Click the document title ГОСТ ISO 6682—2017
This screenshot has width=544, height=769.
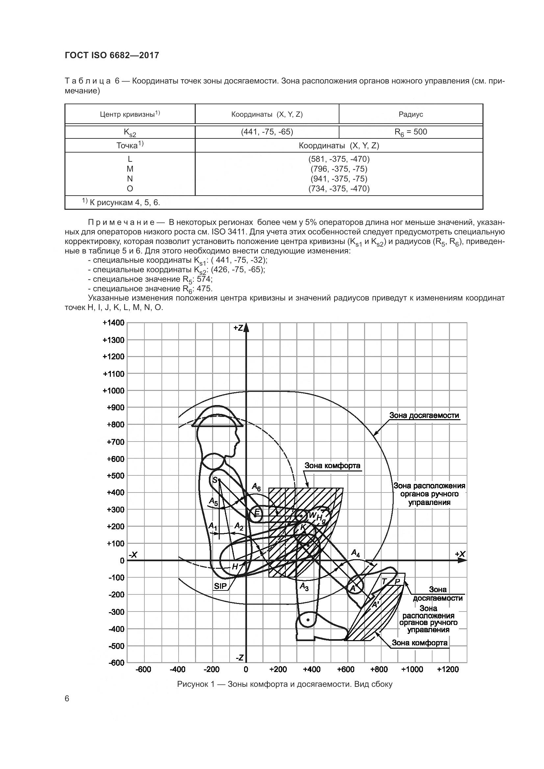tap(111, 55)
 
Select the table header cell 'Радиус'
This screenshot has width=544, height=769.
tap(411, 114)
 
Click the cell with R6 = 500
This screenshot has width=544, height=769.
tap(411, 132)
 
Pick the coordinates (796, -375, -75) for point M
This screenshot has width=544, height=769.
tap(339, 169)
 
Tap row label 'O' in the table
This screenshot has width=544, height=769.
tap(130, 189)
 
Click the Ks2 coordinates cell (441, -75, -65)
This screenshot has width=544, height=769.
tap(267, 132)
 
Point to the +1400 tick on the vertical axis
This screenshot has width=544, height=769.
tap(113, 323)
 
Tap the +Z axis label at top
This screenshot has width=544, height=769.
tap(238, 328)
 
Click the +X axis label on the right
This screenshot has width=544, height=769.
tap(460, 554)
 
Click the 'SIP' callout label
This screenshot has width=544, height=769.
tap(220, 587)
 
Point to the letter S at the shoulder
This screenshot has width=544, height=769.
tap(215, 480)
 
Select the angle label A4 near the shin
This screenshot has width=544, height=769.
tap(356, 553)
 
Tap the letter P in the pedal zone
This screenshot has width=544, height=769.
tap(397, 582)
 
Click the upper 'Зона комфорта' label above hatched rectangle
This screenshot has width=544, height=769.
tap(332, 466)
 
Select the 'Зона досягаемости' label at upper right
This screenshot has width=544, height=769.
tap(424, 415)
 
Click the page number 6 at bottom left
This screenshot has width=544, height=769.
tap(67, 699)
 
